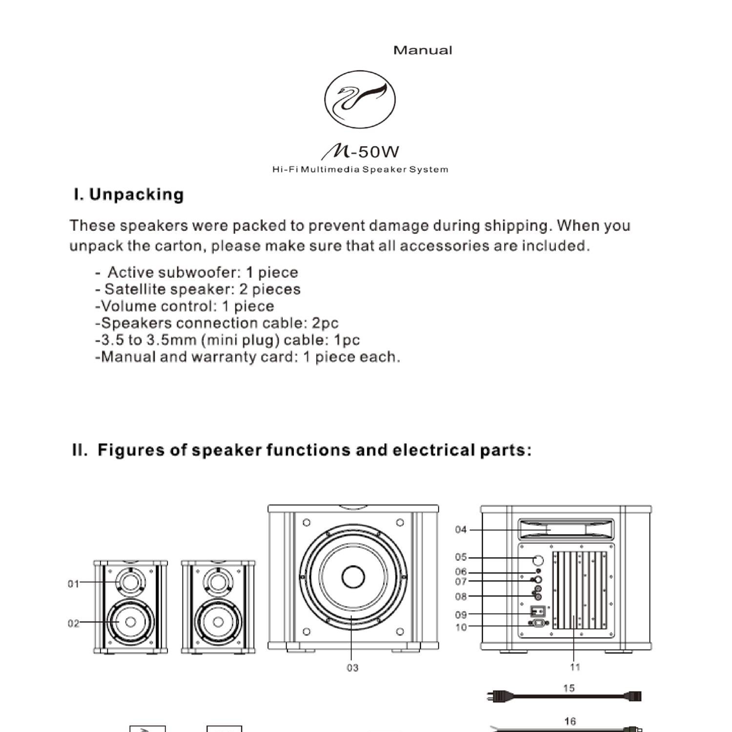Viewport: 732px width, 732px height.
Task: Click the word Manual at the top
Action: tap(423, 50)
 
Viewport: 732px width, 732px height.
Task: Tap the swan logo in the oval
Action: tap(360, 100)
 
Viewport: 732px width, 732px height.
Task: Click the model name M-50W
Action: tap(360, 152)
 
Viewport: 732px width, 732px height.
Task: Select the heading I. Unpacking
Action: tap(129, 194)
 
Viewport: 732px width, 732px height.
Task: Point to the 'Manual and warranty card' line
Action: tap(248, 357)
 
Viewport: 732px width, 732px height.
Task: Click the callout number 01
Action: tap(73, 584)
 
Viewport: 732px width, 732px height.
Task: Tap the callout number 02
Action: tap(73, 623)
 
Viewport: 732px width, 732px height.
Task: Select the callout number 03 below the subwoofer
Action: tap(352, 668)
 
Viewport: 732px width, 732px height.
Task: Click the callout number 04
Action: tap(461, 529)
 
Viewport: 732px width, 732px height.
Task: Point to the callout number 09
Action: tap(461, 615)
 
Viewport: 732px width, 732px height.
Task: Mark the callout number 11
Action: tap(575, 667)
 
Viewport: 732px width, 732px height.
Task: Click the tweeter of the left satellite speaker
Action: tap(130, 582)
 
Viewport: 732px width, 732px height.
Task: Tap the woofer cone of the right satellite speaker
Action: tap(218, 622)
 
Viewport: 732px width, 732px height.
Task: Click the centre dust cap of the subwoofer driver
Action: tap(353, 577)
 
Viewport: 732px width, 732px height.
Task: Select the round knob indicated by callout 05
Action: tap(538, 560)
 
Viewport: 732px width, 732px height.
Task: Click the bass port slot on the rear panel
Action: tap(566, 529)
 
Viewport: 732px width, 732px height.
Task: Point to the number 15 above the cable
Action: tap(569, 688)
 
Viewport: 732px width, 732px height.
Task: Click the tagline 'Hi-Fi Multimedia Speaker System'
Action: tap(360, 170)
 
